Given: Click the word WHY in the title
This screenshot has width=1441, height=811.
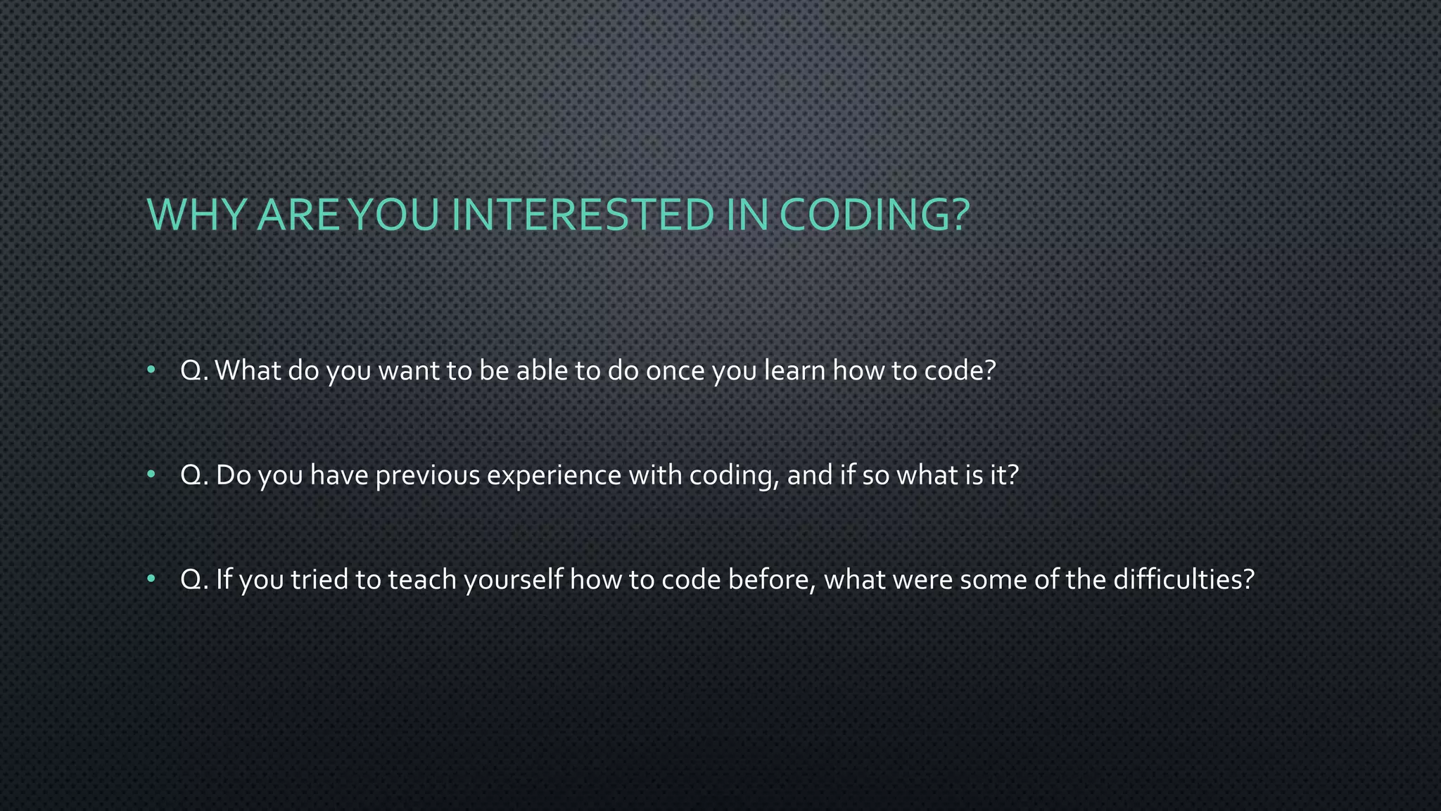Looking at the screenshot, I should [196, 215].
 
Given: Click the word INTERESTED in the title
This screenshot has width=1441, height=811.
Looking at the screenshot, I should [583, 215].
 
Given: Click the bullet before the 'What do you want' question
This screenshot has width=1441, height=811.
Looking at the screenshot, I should [151, 370].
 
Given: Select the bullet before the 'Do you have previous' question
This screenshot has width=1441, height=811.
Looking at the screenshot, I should [151, 475].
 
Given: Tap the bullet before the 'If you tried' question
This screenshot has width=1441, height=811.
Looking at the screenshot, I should [151, 579].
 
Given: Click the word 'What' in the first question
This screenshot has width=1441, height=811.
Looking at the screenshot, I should [248, 371].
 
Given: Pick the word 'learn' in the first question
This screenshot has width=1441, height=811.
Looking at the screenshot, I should [794, 371].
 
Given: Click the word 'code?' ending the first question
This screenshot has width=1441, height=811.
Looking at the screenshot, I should [960, 371].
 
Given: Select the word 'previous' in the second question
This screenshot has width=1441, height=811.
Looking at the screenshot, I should [427, 476].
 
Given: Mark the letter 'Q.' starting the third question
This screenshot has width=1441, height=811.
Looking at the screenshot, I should [194, 580].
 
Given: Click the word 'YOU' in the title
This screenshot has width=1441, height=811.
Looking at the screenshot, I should [394, 215].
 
